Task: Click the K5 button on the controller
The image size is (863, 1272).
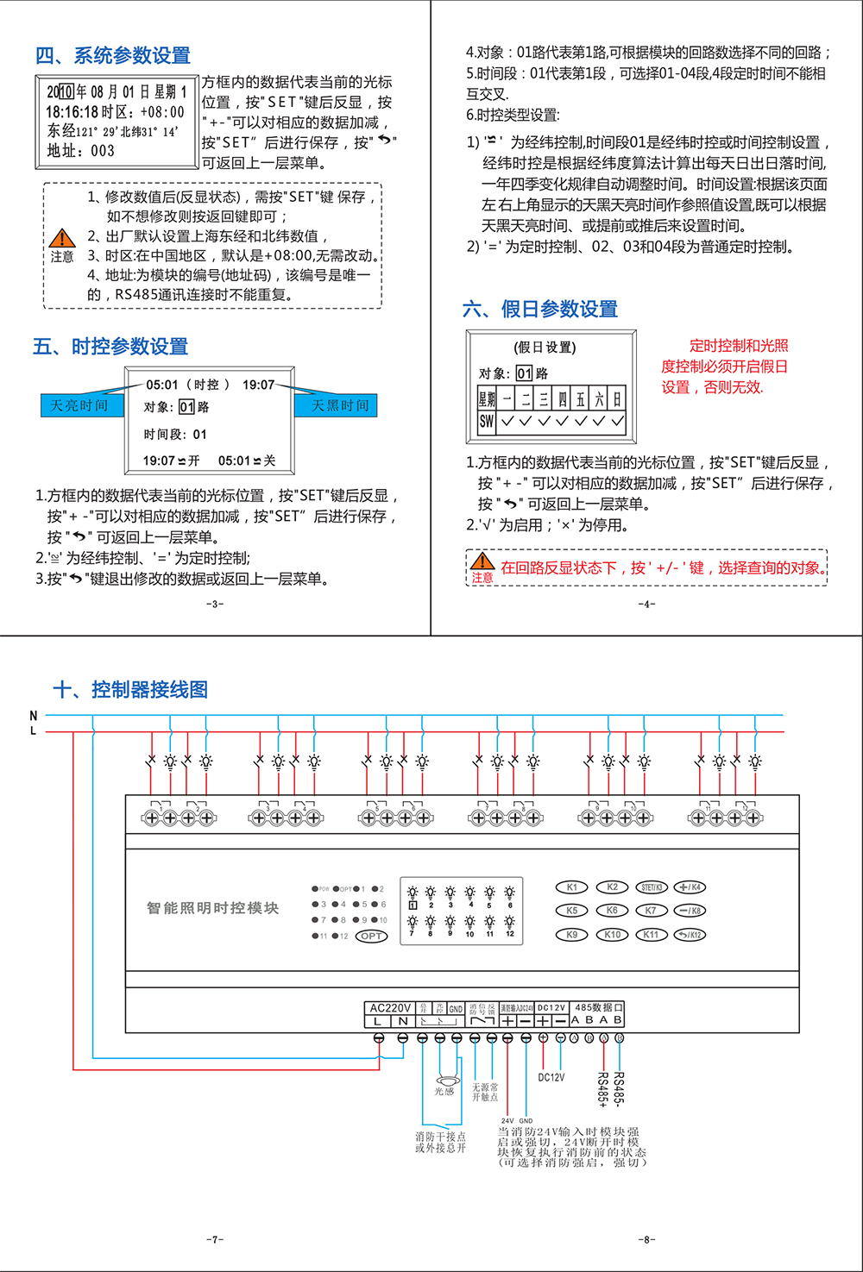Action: [x=571, y=911]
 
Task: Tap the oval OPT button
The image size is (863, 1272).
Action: [x=371, y=937]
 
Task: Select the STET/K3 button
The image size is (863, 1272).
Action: [x=652, y=887]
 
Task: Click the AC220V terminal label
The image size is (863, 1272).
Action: [x=390, y=1008]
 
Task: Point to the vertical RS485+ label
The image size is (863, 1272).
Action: [x=603, y=1089]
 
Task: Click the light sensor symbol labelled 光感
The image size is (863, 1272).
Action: [x=444, y=1081]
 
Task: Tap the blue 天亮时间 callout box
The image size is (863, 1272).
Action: [x=79, y=405]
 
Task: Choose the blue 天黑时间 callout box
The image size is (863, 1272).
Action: [x=339, y=405]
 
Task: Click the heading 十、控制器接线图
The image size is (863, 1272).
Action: [x=130, y=690]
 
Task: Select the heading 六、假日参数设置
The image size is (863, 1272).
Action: [x=540, y=309]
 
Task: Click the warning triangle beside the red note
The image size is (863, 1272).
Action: [x=482, y=561]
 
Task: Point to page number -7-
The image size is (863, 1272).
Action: [x=215, y=1239]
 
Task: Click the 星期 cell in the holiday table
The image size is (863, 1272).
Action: [x=487, y=398]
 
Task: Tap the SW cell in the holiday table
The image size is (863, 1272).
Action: [x=487, y=422]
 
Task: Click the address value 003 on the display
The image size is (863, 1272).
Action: [x=102, y=151]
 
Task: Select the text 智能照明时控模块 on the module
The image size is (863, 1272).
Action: [x=212, y=908]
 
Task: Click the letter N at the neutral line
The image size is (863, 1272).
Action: [x=34, y=716]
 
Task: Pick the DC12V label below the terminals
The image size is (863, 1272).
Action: [x=551, y=1078]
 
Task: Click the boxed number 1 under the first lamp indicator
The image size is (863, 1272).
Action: [x=413, y=905]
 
